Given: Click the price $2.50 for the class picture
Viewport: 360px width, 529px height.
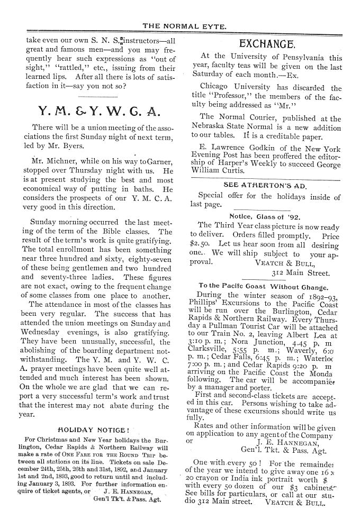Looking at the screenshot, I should click(x=200, y=245).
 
